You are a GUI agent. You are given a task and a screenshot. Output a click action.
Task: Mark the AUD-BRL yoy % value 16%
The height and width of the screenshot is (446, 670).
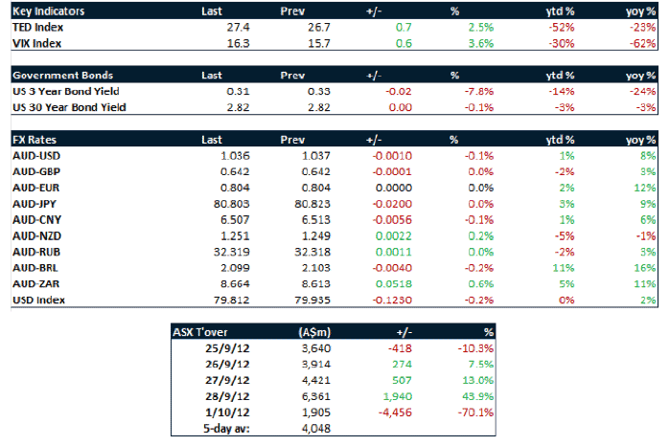click(646, 268)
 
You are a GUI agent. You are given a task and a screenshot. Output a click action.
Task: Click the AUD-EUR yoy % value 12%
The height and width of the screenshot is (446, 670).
click(646, 187)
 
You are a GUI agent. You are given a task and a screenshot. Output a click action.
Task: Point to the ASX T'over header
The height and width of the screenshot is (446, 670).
click(199, 332)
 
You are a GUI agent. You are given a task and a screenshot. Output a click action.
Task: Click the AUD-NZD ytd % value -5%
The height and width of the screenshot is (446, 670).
click(566, 235)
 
